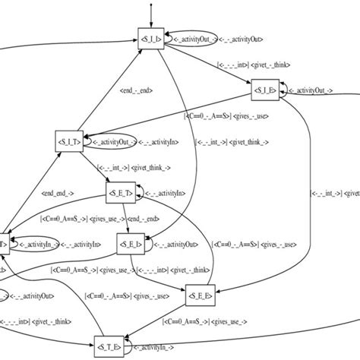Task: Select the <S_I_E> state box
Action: pyautogui.click(x=266, y=91)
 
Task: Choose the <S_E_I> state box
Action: pyautogui.click(x=129, y=244)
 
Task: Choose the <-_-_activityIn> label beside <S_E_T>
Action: pyautogui.click(x=170, y=194)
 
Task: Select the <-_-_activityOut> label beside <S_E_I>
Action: pyautogui.click(x=179, y=244)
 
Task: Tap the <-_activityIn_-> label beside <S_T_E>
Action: pyautogui.click(x=163, y=349)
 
